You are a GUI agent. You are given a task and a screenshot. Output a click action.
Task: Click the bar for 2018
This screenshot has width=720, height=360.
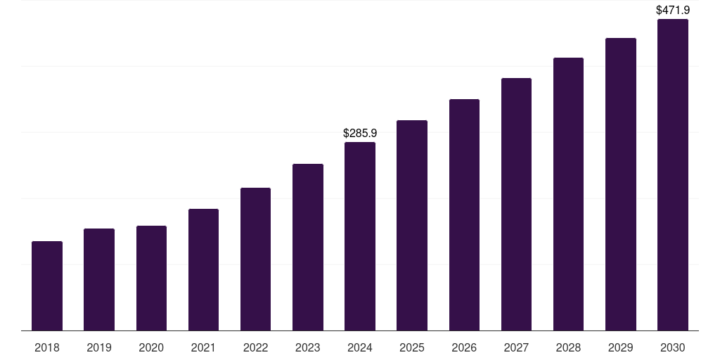tap(47, 286)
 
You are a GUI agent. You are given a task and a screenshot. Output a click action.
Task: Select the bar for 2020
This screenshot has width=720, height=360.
tap(151, 278)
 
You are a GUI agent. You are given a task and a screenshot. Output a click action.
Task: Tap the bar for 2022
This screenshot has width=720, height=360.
tap(255, 259)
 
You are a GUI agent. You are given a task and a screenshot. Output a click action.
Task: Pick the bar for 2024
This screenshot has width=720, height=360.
tap(360, 236)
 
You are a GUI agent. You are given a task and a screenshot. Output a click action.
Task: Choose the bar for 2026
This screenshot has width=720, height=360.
tap(464, 215)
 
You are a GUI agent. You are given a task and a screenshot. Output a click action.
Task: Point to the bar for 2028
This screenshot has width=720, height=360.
tap(568, 194)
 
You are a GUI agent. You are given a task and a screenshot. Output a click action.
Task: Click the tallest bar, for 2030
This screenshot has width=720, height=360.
tap(673, 175)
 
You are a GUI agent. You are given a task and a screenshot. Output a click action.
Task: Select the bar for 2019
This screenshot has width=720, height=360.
tap(99, 280)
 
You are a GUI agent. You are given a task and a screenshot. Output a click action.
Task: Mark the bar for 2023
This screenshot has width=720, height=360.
tap(308, 247)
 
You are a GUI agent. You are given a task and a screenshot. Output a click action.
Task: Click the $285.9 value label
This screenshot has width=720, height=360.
tap(360, 133)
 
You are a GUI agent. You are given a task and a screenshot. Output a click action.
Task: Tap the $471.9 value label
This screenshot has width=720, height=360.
tap(673, 11)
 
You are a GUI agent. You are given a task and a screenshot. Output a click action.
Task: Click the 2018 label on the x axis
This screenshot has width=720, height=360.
tap(47, 347)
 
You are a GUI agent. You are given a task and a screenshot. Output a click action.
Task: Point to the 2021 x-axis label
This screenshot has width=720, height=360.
tap(203, 347)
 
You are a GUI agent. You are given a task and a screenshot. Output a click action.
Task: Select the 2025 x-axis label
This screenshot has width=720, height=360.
tap(412, 347)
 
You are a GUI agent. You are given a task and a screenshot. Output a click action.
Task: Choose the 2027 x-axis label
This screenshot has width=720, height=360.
tap(516, 347)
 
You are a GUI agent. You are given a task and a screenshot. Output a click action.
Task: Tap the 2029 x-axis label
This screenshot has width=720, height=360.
tap(621, 347)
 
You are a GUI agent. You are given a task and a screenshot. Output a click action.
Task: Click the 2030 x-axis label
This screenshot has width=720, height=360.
tap(673, 347)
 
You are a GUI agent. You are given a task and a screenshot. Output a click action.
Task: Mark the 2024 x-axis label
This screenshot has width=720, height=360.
tap(360, 347)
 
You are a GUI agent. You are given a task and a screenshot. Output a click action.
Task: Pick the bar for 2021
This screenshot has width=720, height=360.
tap(203, 270)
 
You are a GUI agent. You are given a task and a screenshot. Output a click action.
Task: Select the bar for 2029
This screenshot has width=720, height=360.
tap(621, 184)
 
